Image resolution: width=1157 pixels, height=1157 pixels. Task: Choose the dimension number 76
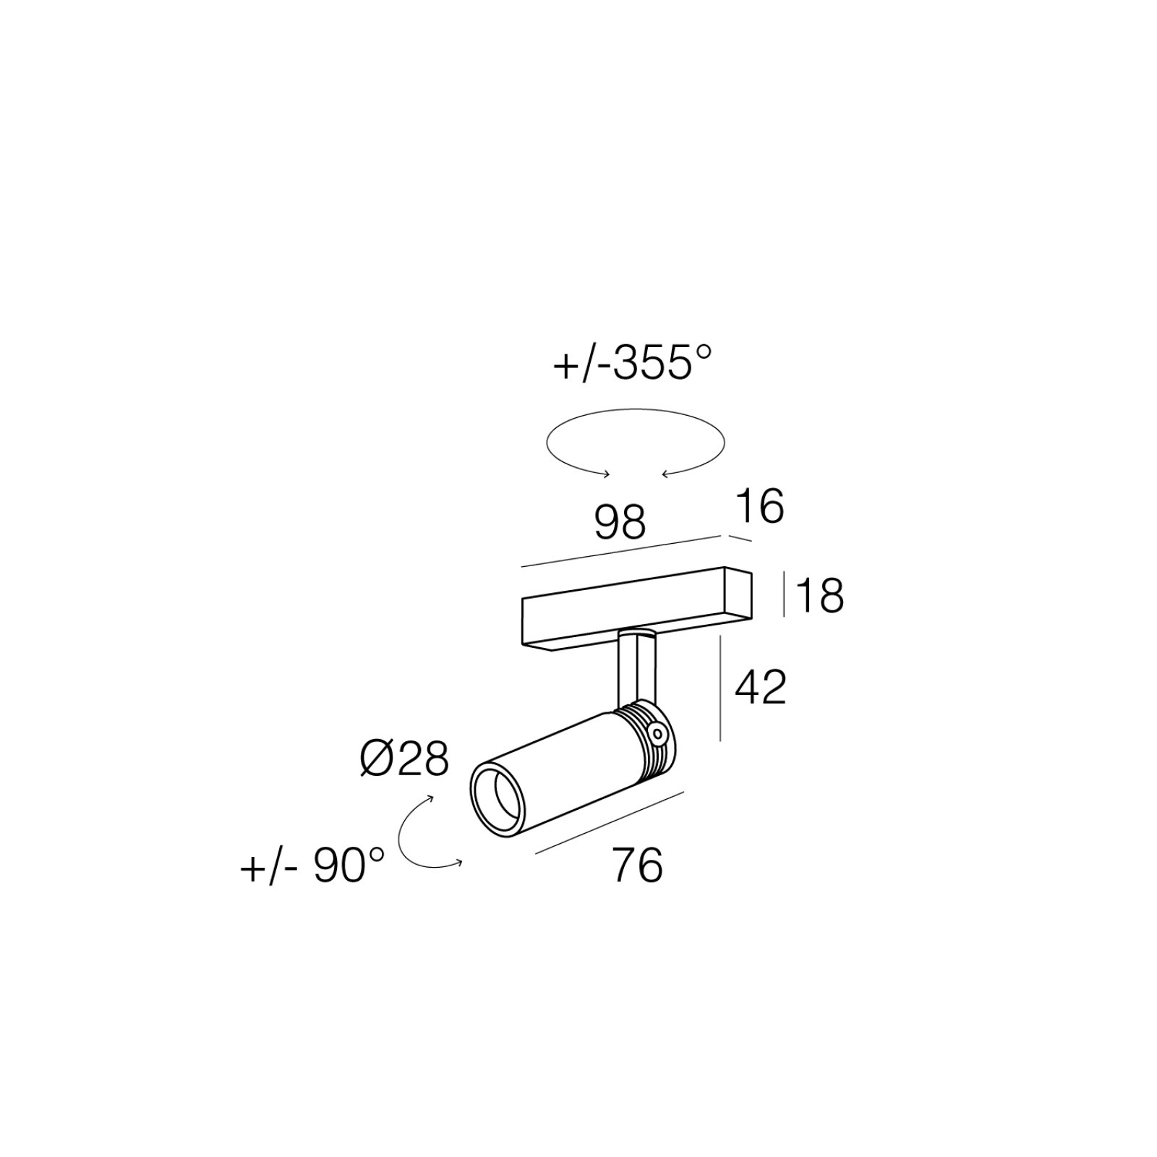(637, 865)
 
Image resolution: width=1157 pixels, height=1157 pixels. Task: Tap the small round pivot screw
(657, 735)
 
